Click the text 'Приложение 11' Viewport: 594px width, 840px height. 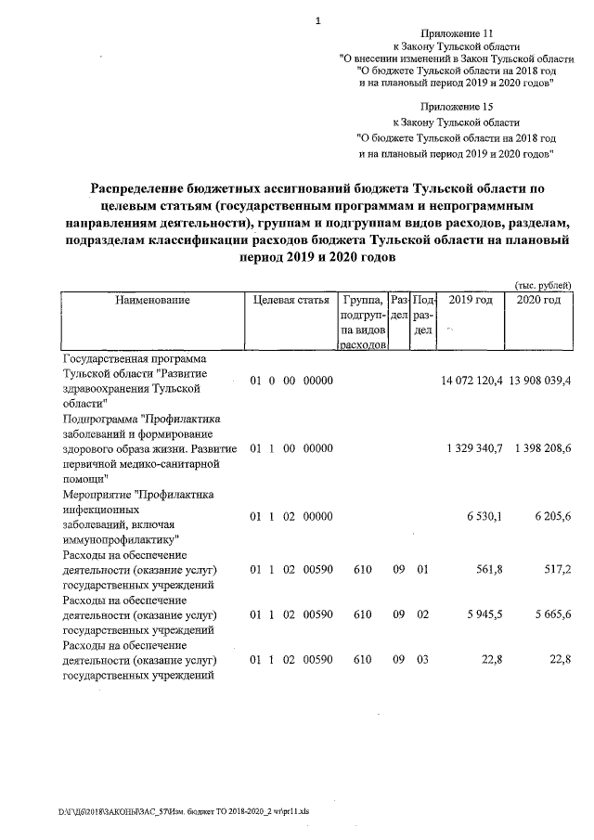click(457, 32)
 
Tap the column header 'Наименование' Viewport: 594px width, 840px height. click(152, 301)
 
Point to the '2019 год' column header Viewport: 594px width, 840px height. click(470, 301)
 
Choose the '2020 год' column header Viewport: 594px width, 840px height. click(538, 301)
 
